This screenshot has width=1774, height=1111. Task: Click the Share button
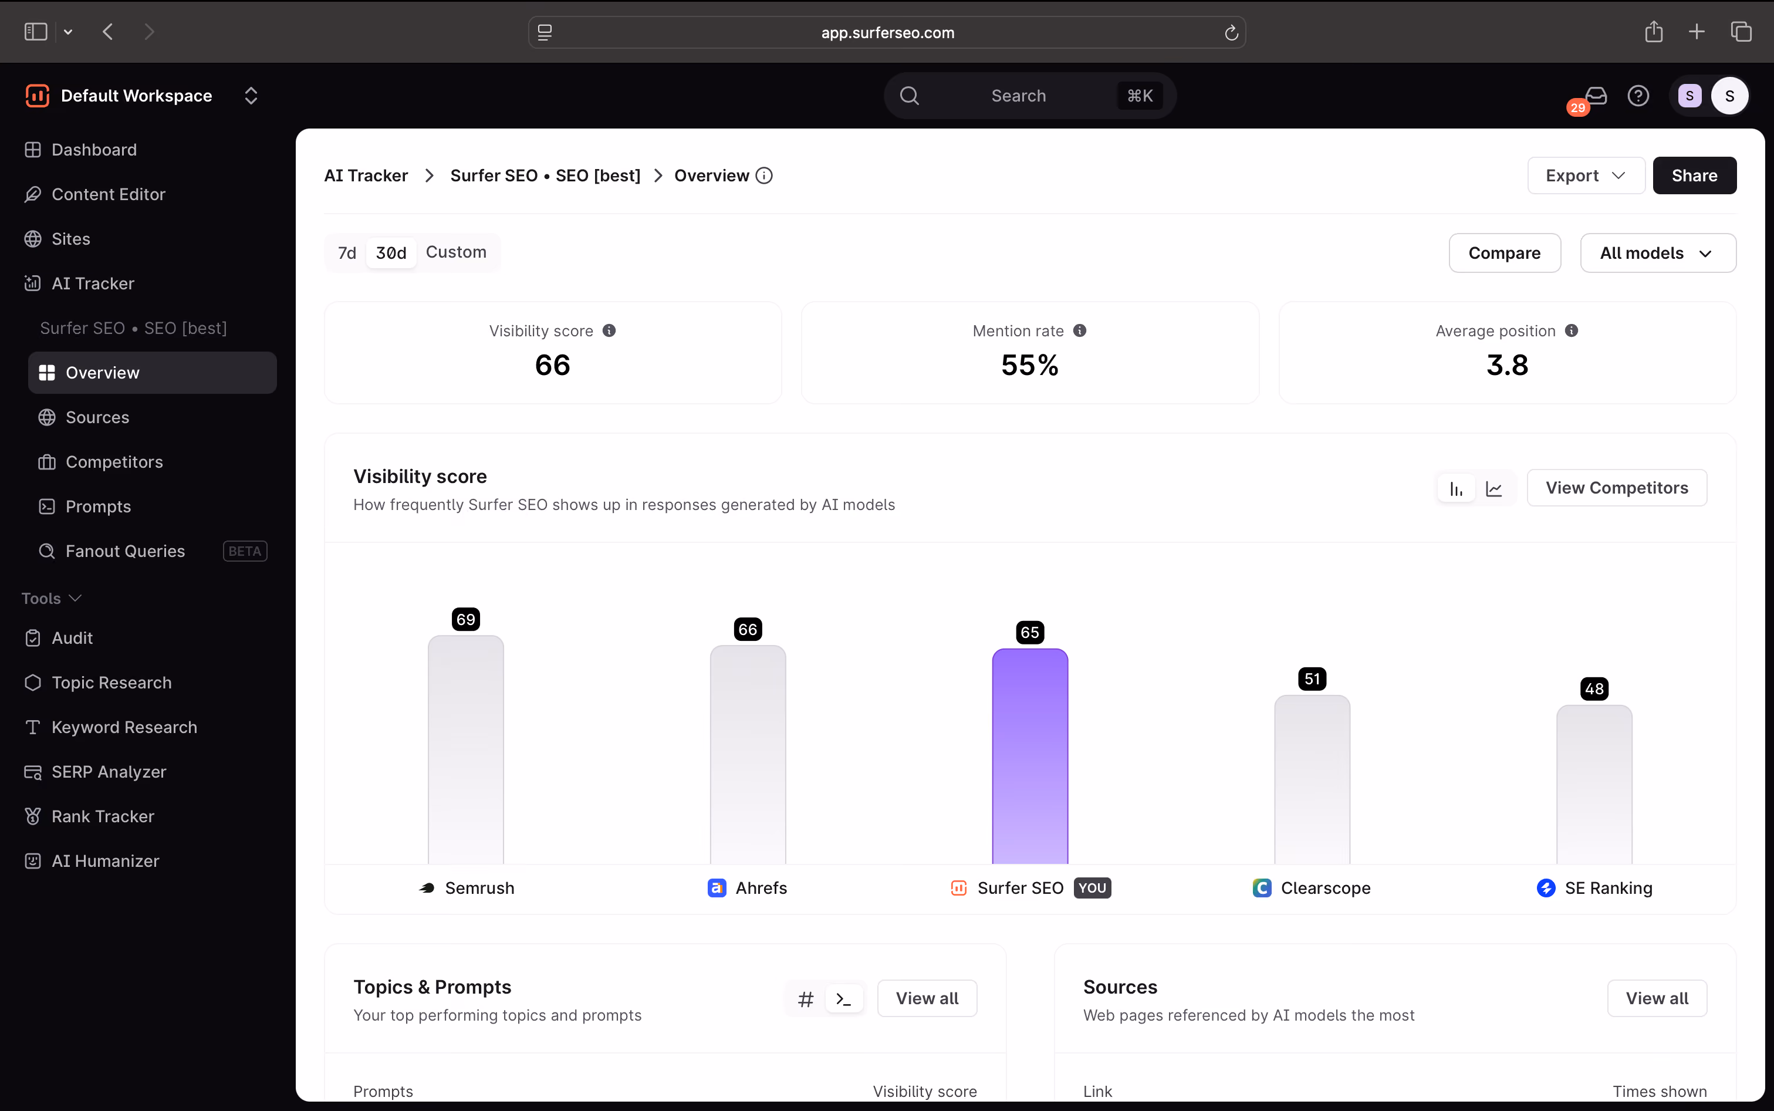click(1694, 175)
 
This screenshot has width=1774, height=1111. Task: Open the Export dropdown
click(1585, 175)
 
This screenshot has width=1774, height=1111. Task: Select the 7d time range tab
click(347, 253)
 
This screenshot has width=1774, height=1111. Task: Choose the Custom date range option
click(456, 252)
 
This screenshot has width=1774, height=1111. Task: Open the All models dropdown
click(1658, 253)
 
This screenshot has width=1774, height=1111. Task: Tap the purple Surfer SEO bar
click(1030, 756)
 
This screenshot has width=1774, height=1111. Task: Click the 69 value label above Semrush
click(466, 619)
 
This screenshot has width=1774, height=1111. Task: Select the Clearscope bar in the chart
click(1312, 779)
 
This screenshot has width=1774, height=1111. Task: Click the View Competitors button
click(1617, 488)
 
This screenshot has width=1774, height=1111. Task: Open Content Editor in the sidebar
click(108, 194)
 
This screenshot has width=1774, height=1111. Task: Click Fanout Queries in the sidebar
click(125, 551)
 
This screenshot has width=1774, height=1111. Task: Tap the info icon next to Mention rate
click(1079, 330)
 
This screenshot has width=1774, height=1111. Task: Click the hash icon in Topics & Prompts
click(806, 998)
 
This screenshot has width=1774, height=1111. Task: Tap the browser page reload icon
click(1231, 32)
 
